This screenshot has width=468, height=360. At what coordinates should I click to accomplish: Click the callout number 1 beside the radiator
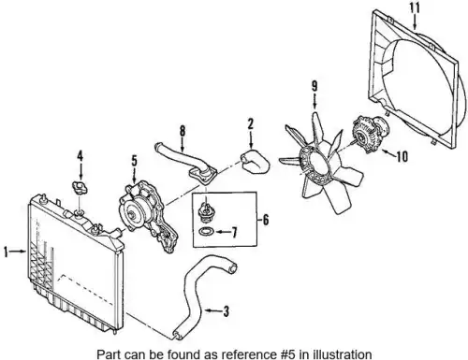(6, 252)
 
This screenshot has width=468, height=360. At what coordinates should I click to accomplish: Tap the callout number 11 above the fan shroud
(415, 8)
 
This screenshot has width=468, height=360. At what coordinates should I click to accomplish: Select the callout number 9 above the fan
(314, 86)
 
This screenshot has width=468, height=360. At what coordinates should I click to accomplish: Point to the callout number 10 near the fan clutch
(402, 156)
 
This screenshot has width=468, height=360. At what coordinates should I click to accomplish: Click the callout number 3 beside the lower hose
(226, 311)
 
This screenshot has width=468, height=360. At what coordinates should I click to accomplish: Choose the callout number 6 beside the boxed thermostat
(265, 220)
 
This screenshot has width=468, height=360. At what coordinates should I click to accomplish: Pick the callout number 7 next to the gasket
(234, 232)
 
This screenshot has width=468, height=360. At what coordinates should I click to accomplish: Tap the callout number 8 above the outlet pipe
(183, 131)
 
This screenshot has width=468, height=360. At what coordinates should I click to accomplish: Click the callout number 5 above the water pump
(134, 161)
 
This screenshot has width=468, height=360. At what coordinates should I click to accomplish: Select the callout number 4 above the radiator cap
(80, 156)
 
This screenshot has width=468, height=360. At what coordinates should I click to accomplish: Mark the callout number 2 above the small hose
(251, 124)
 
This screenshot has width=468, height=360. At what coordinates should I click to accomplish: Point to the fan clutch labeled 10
(371, 134)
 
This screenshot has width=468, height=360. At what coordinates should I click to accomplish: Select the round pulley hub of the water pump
(132, 214)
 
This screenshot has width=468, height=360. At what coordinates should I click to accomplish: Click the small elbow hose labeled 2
(255, 162)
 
